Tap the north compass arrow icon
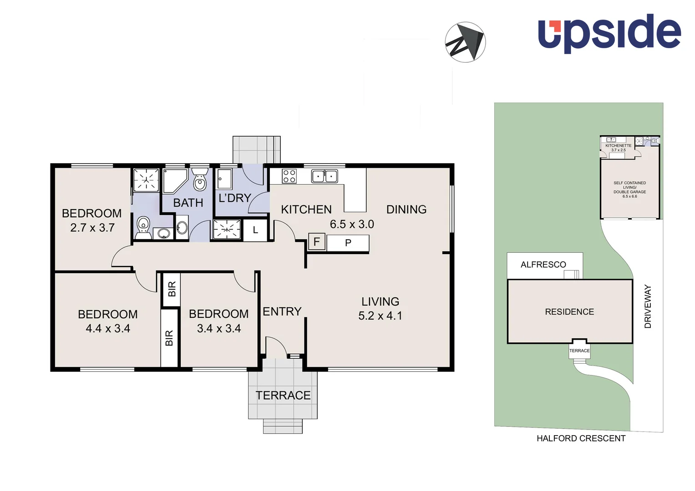tap(465, 42)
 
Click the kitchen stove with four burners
tap(289, 176)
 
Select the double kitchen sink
tap(325, 176)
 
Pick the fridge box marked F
tap(317, 241)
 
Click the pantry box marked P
tap(348, 243)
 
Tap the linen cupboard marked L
tap(255, 230)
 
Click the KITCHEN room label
tap(306, 210)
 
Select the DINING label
tap(406, 210)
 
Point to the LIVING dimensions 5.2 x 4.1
tap(380, 316)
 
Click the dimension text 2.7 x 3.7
tap(92, 228)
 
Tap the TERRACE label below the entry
tap(283, 396)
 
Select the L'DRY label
tap(235, 198)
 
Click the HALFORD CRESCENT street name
tap(581, 438)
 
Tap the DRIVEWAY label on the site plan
tap(648, 306)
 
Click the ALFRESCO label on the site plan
tap(543, 265)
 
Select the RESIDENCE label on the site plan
tap(569, 312)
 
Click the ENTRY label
tap(282, 311)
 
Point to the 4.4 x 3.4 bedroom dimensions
tap(108, 329)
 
